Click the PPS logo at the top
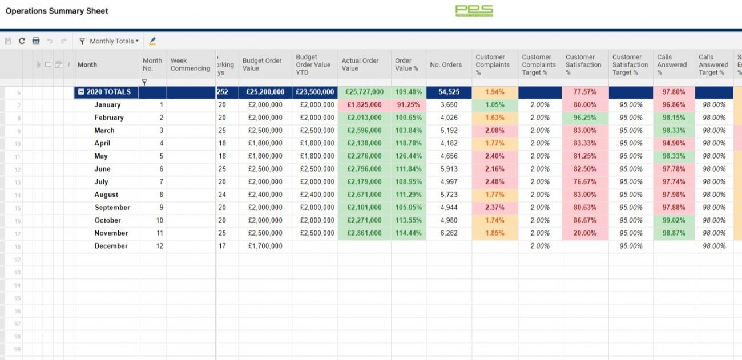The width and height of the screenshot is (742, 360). (x=474, y=11)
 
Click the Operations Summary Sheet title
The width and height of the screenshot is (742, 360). (x=57, y=11)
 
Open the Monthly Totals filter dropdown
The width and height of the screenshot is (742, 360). (x=109, y=41)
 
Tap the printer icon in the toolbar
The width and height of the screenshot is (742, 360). (x=36, y=41)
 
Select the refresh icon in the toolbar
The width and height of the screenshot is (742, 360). (x=22, y=41)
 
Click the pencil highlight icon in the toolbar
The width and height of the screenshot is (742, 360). (x=152, y=41)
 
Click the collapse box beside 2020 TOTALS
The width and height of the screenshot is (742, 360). (x=82, y=92)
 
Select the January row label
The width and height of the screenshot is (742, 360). (x=107, y=105)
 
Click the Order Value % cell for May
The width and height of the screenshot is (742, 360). (x=408, y=156)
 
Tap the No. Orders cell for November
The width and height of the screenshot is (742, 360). (x=449, y=233)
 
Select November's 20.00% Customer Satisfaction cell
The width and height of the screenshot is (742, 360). (x=585, y=233)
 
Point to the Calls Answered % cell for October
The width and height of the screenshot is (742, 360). (x=674, y=220)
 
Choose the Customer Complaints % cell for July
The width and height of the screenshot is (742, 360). (x=494, y=182)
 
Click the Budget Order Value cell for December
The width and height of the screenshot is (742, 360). (x=265, y=246)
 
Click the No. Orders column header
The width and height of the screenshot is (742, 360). (x=446, y=64)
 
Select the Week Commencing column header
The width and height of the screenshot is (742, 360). (x=190, y=64)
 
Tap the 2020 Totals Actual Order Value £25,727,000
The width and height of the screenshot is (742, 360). (x=364, y=92)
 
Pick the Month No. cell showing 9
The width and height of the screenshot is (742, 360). (x=161, y=208)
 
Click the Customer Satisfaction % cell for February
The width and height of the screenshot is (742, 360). (x=585, y=118)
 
